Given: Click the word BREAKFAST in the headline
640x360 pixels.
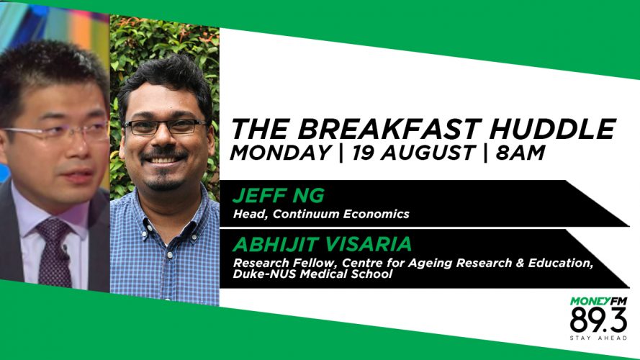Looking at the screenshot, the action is point(389,129).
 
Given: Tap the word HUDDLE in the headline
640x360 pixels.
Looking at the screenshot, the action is point(552,129).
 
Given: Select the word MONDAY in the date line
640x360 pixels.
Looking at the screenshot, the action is point(281,153).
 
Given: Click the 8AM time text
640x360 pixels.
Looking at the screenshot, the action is point(520,153).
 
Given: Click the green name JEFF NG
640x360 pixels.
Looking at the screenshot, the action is point(279,196).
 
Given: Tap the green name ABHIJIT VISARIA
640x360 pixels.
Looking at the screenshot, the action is point(322,244).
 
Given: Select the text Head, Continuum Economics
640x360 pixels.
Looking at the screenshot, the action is point(321,215).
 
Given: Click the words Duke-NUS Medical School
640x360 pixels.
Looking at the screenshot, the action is point(312,274).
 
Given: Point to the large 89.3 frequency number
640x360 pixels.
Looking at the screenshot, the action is point(598,320).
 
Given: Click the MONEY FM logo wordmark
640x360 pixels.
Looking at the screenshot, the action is point(598,302).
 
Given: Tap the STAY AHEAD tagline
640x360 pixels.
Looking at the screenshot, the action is point(598,338).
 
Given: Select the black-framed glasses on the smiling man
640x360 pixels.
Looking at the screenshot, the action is point(166,127).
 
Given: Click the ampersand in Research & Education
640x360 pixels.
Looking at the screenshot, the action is point(520,263).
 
